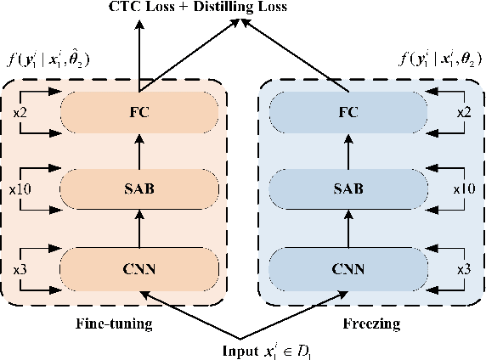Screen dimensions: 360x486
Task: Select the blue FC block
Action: [348, 111]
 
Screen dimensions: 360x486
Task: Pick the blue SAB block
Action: [348, 188]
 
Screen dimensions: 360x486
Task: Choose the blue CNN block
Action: [348, 270]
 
